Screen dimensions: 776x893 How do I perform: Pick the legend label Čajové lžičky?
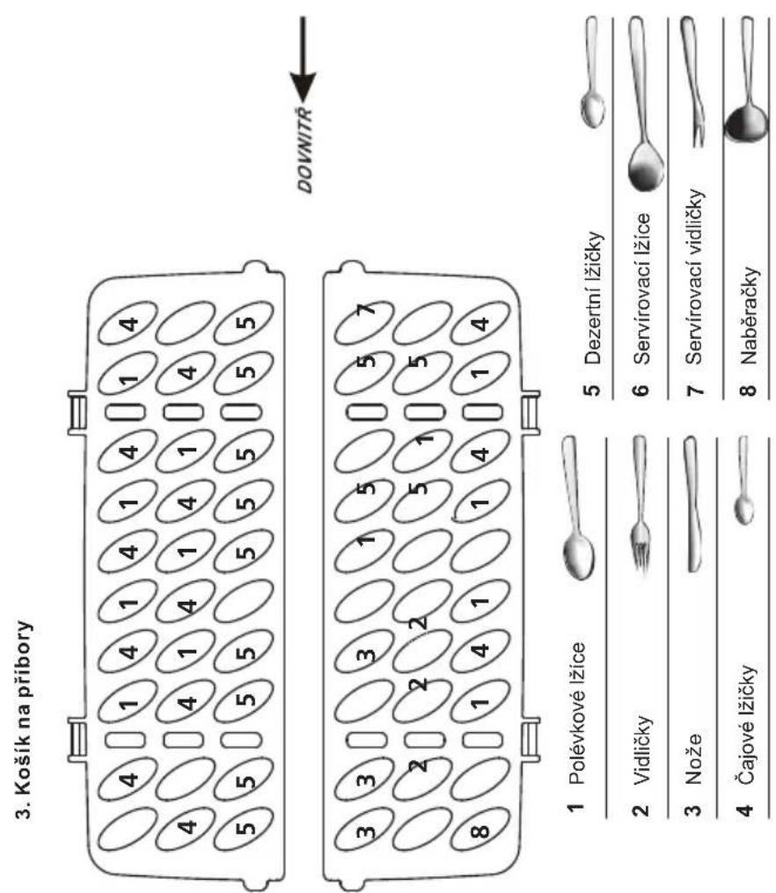tap(748, 726)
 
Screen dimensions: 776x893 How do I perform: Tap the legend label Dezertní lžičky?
tap(593, 297)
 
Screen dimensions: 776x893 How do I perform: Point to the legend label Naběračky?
tap(748, 316)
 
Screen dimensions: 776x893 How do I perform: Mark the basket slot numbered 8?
tap(480, 831)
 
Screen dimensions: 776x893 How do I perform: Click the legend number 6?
tap(641, 390)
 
